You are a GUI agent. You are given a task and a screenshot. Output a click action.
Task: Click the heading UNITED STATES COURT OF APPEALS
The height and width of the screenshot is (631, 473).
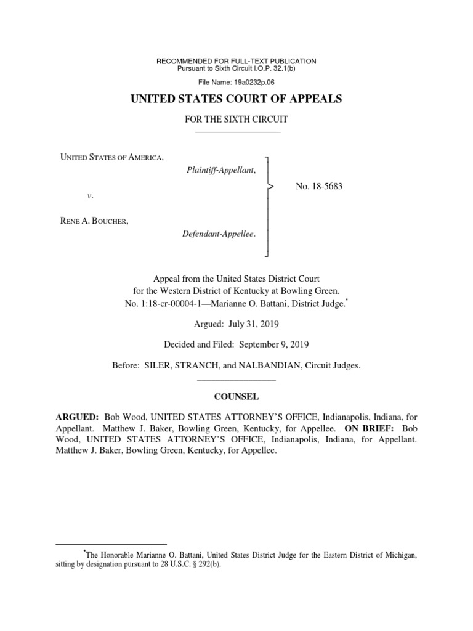pyautogui.click(x=236, y=99)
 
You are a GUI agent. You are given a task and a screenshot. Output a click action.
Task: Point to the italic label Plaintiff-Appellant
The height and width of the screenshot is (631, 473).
pyautogui.click(x=221, y=169)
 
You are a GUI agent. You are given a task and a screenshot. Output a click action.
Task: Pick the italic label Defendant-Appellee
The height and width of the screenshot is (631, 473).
pyautogui.click(x=220, y=234)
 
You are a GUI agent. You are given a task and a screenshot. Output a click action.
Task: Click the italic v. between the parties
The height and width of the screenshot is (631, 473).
pyautogui.click(x=90, y=195)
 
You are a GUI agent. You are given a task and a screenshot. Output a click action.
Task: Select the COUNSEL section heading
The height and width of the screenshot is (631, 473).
pyautogui.click(x=236, y=397)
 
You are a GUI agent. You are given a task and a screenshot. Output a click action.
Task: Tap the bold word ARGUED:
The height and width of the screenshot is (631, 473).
pyautogui.click(x=78, y=417)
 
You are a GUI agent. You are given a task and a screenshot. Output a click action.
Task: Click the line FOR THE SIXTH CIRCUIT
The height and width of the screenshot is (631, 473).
pyautogui.click(x=236, y=119)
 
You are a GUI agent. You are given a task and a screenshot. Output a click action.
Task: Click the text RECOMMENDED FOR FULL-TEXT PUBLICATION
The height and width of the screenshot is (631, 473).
pyautogui.click(x=236, y=61)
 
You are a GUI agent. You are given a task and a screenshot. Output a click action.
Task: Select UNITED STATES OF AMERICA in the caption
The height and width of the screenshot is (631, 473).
pyautogui.click(x=111, y=158)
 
